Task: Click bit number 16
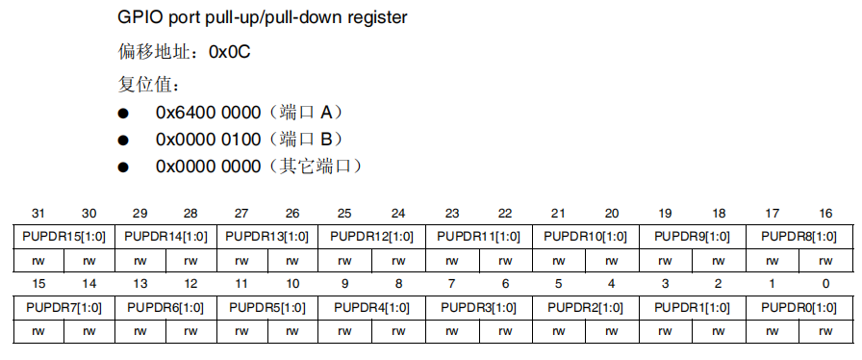click(825, 213)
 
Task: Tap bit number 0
click(825, 284)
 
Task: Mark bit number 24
click(397, 213)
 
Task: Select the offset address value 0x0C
click(230, 53)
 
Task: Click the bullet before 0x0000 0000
click(123, 167)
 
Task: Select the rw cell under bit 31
click(38, 260)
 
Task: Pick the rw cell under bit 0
click(825, 330)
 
